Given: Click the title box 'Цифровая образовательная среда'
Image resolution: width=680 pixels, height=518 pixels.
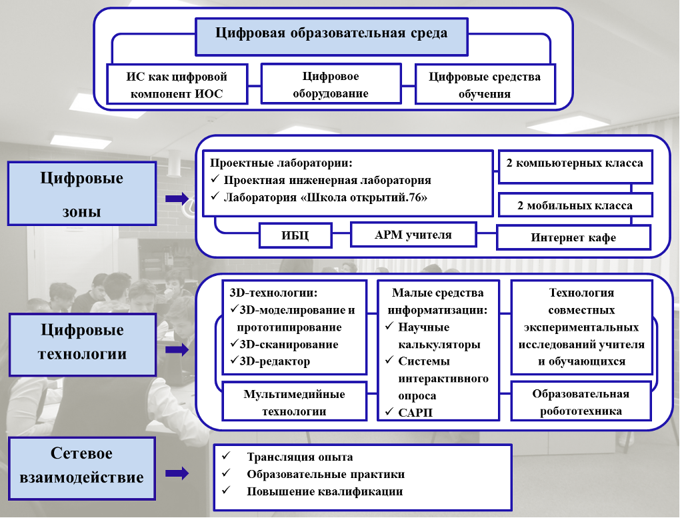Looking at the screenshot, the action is (x=332, y=37).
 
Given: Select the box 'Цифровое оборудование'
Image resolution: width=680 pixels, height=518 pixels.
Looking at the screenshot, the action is (x=331, y=84).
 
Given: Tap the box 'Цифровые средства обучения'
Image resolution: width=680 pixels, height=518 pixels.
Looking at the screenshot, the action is (x=485, y=84).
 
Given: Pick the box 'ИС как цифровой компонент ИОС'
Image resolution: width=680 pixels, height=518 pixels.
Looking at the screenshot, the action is (x=177, y=84).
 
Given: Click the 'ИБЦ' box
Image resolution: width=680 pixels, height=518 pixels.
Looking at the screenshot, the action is (x=295, y=235).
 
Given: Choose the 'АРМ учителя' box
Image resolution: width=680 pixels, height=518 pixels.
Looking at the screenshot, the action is (x=413, y=235).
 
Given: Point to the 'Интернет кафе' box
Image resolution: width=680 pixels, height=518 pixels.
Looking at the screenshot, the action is (x=573, y=237).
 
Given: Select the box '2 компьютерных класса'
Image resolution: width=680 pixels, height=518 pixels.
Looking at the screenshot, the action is (x=575, y=167).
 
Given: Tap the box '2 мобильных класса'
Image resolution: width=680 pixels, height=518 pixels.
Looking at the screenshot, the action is (x=575, y=205).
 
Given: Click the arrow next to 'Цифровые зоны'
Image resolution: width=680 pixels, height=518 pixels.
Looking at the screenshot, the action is (x=177, y=199).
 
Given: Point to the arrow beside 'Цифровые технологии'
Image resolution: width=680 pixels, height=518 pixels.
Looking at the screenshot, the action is (x=177, y=350).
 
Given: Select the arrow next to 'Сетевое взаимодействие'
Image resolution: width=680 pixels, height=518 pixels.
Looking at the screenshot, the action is (x=177, y=473).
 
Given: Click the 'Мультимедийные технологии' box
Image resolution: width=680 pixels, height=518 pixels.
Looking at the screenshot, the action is (x=295, y=401).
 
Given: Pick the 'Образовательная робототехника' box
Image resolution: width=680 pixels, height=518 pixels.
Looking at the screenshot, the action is (x=581, y=401).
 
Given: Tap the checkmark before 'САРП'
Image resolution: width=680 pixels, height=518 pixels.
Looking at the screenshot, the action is (x=389, y=411).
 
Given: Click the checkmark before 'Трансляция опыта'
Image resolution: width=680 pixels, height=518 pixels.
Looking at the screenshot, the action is (x=226, y=455).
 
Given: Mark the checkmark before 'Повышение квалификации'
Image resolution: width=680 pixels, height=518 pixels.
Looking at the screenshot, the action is (x=226, y=490).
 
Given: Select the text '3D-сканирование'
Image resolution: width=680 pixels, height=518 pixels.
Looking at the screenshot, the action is (x=289, y=345).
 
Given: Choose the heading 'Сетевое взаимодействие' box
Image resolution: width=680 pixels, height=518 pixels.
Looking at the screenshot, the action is (x=82, y=469).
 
